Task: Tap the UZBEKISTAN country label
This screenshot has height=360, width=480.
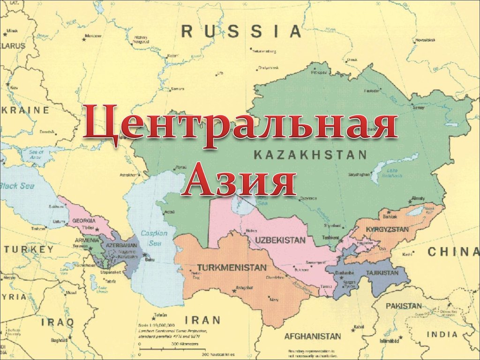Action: [x=280, y=240]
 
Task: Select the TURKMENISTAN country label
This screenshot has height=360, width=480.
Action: [x=232, y=267]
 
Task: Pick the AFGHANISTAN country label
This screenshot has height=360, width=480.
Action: [x=313, y=336]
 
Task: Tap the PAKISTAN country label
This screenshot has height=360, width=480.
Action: [x=404, y=306]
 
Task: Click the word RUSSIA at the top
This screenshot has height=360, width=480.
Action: [x=241, y=31]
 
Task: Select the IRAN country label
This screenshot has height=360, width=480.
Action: [x=202, y=320]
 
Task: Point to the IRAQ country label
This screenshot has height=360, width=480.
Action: [x=57, y=322]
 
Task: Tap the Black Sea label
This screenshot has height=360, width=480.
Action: [x=17, y=186]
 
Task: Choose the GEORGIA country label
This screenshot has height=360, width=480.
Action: [x=84, y=220]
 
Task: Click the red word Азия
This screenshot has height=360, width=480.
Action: [x=239, y=180]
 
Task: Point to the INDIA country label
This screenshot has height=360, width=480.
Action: [x=442, y=334]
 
